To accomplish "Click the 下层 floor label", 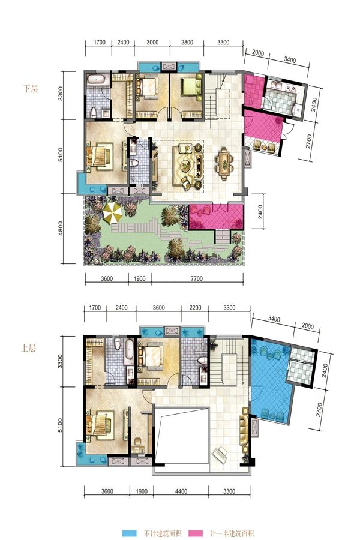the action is (x=31, y=89).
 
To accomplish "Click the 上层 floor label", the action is (x=28, y=348).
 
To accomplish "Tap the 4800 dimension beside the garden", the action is (x=61, y=229).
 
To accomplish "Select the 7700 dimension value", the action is (x=197, y=278).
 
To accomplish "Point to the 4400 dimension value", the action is (x=181, y=491).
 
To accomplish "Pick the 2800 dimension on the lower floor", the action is (x=187, y=43).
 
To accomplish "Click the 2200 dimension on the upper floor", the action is (x=195, y=308).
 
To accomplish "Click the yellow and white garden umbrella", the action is (x=113, y=212).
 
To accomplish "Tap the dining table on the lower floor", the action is (x=224, y=164).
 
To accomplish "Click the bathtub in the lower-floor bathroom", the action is (x=97, y=79).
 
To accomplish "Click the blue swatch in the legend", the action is (x=131, y=533).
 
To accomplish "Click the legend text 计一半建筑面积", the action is (x=232, y=533).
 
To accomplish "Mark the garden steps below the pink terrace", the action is (x=223, y=236).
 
